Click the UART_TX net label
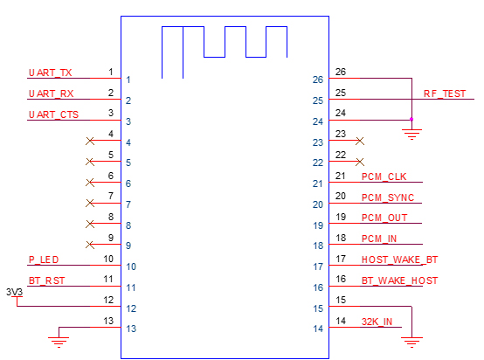pyautogui.click(x=50, y=73)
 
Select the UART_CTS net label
pyautogui.click(x=53, y=114)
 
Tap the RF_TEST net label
pyautogui.click(x=445, y=93)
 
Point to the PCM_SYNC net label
pyautogui.click(x=388, y=197)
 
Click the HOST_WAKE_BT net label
pyautogui.click(x=399, y=260)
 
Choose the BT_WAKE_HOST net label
pyautogui.click(x=399, y=280)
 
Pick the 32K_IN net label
pyautogui.click(x=377, y=322)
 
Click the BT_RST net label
pyautogui.click(x=46, y=280)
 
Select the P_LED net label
pyautogui.click(x=44, y=260)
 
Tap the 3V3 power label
pyautogui.click(x=15, y=292)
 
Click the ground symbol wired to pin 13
pyautogui.click(x=59, y=343)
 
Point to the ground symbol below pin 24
pyautogui.click(x=411, y=135)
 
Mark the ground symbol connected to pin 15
pyautogui.click(x=411, y=343)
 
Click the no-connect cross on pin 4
pyautogui.click(x=90, y=141)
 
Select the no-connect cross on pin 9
pyautogui.click(x=90, y=245)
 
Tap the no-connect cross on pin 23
pyautogui.click(x=360, y=141)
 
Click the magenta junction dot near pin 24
pyautogui.click(x=411, y=119)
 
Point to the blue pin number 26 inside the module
pyautogui.click(x=318, y=80)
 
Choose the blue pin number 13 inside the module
pyautogui.click(x=131, y=329)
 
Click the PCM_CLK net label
pyautogui.click(x=384, y=177)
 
